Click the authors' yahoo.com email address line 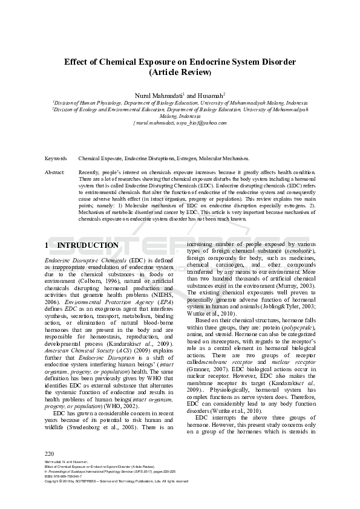click(x=180, y=123)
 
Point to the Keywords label click(x=56, y=158)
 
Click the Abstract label click(x=55, y=172)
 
